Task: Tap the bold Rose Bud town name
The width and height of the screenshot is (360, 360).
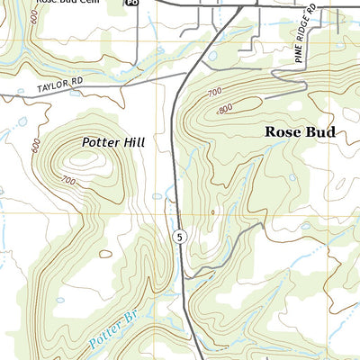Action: pos(301,131)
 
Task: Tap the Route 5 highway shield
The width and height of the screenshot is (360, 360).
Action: pos(180,235)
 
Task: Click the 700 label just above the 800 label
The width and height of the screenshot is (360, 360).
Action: pos(214,93)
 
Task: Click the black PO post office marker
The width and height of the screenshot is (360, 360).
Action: pos(132,4)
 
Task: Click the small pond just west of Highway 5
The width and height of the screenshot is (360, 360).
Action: pos(158,195)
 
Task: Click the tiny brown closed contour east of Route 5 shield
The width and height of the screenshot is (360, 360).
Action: pos(213,212)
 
